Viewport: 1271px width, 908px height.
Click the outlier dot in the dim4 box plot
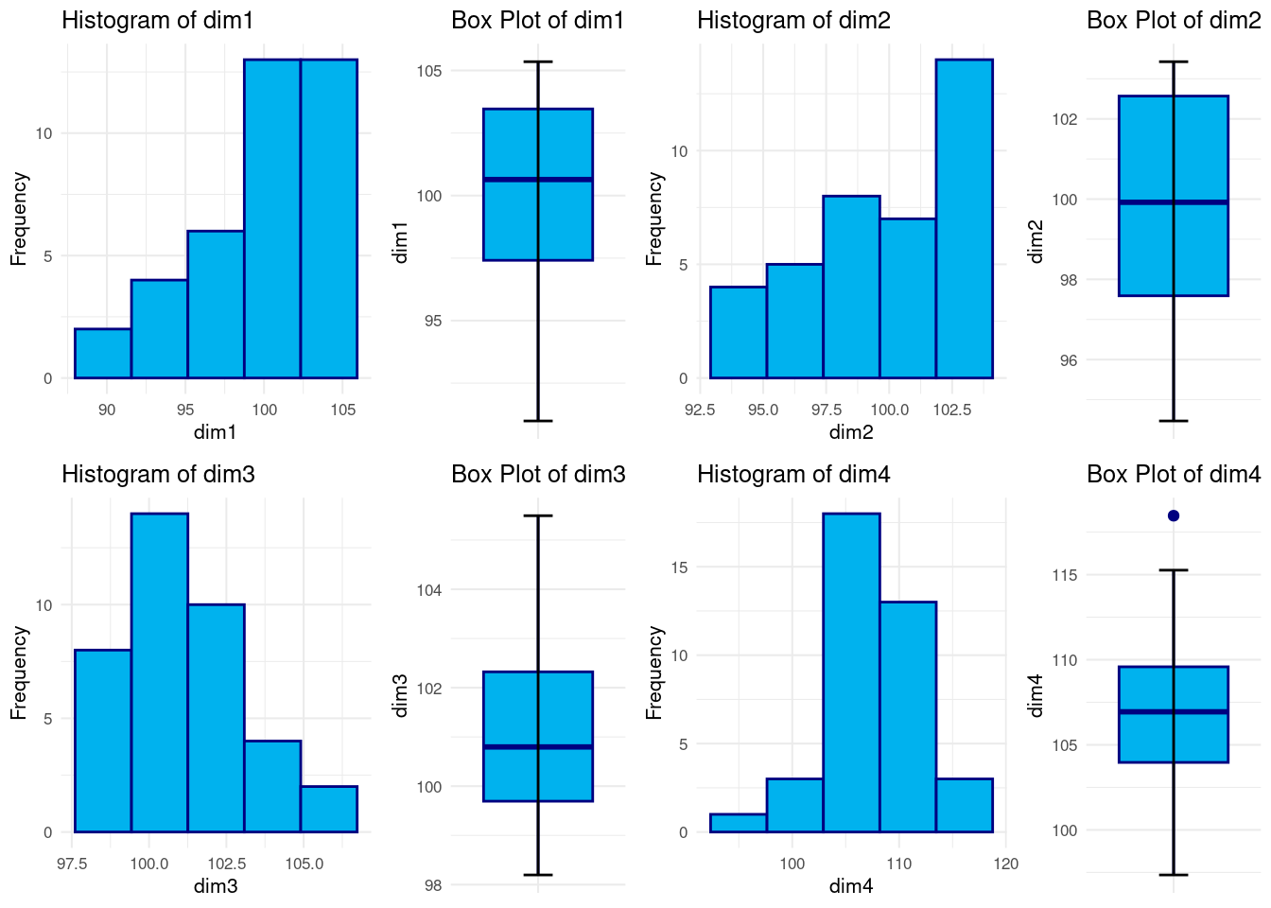pyautogui.click(x=1174, y=515)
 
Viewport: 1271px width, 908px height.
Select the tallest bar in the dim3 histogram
pyautogui.click(x=160, y=672)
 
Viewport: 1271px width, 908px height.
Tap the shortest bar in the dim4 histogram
pyautogui.click(x=738, y=823)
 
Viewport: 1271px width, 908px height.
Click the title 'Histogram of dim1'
pyautogui.click(x=158, y=20)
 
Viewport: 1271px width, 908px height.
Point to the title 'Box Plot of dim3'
pyautogui.click(x=538, y=474)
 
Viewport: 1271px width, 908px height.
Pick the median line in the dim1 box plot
pyautogui.click(x=538, y=179)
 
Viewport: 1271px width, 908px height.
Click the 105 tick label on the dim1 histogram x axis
pyautogui.click(x=343, y=410)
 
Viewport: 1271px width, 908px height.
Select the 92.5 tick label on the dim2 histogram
pyautogui.click(x=700, y=410)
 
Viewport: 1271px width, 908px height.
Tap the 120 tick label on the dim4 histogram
pyautogui.click(x=1006, y=864)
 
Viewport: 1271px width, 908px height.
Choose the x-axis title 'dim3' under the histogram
pyautogui.click(x=216, y=886)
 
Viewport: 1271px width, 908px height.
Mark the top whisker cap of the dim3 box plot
pyautogui.click(x=538, y=515)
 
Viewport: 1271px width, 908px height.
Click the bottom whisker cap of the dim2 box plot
pyautogui.click(x=1174, y=421)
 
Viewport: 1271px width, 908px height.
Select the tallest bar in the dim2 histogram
pyautogui.click(x=965, y=218)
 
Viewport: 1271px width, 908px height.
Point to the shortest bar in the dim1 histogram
pyautogui.click(x=103, y=354)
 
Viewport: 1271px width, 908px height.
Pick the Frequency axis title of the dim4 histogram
pyautogui.click(x=654, y=672)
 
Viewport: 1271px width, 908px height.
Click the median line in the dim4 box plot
pyautogui.click(x=1174, y=711)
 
